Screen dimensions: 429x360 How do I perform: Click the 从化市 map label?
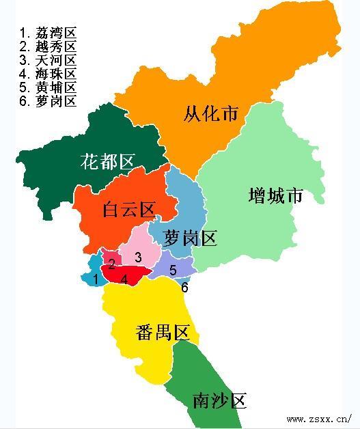pyautogui.click(x=211, y=113)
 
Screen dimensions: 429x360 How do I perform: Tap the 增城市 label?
pyautogui.click(x=275, y=195)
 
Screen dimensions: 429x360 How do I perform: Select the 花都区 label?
pyautogui.click(x=108, y=162)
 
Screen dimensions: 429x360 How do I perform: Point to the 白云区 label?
pyautogui.click(x=129, y=210)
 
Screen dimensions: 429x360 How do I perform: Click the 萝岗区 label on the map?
pyautogui.click(x=191, y=238)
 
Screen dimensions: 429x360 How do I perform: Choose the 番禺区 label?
pyautogui.click(x=162, y=333)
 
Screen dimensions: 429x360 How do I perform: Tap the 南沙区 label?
pyautogui.click(x=219, y=400)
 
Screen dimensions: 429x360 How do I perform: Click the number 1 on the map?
pyautogui.click(x=96, y=279)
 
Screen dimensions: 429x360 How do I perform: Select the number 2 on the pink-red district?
pyautogui.click(x=111, y=264)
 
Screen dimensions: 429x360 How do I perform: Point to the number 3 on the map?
pyautogui.click(x=138, y=258)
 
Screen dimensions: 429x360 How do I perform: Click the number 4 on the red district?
pyautogui.click(x=124, y=279)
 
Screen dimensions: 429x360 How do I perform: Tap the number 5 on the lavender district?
pyautogui.click(x=173, y=271)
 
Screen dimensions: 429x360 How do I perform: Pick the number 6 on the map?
pyautogui.click(x=184, y=288)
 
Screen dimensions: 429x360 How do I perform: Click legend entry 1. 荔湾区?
pyautogui.click(x=47, y=33)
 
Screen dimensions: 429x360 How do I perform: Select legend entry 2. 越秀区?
pyautogui.click(x=47, y=46)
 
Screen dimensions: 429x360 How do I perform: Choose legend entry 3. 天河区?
pyautogui.click(x=47, y=60)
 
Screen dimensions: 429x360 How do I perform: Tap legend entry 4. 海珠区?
pyautogui.click(x=47, y=74)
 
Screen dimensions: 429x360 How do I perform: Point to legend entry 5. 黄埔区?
pyautogui.click(x=47, y=87)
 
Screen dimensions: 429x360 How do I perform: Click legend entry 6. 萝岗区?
pyautogui.click(x=47, y=101)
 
